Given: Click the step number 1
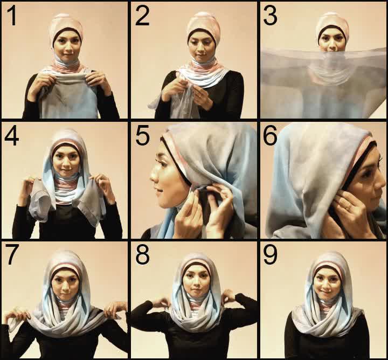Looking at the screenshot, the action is tap(12, 16).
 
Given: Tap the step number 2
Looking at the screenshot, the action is tap(142, 16).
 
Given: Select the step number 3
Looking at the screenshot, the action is tap(270, 16).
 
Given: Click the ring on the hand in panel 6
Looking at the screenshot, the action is tap(348, 207).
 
